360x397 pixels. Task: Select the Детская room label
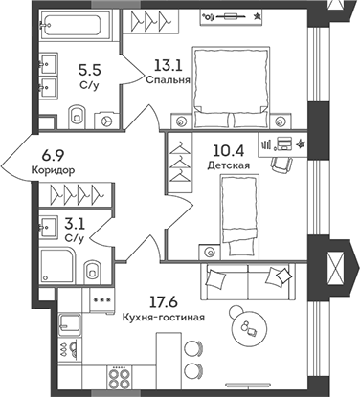click(228, 165)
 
